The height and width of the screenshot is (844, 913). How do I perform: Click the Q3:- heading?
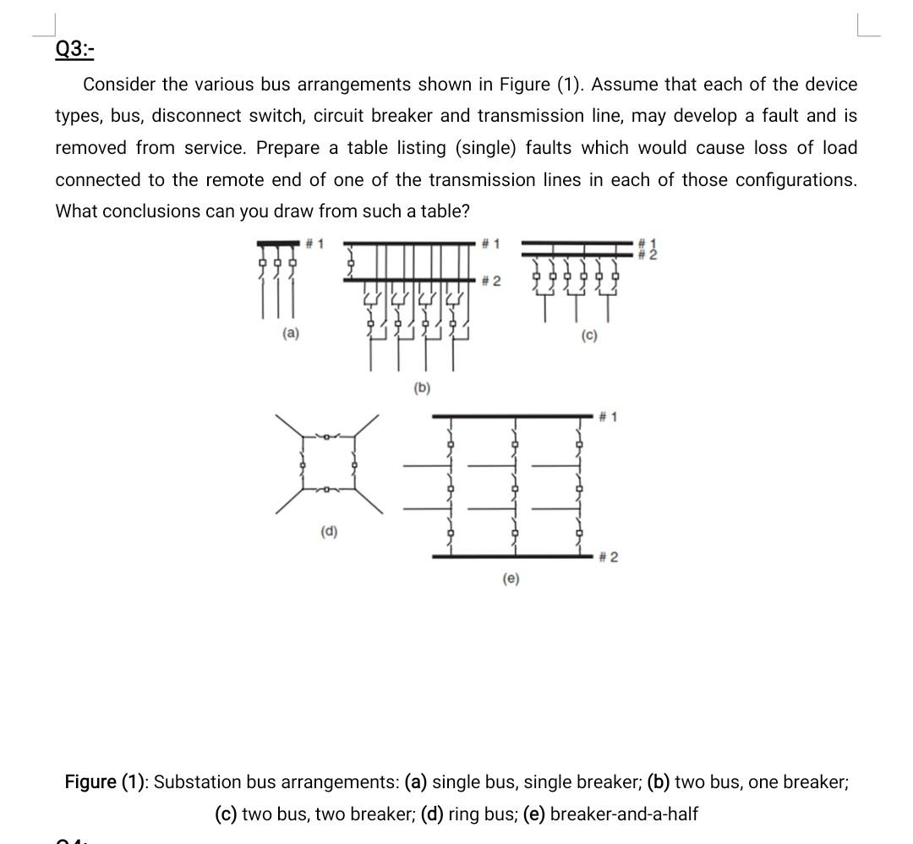[x=74, y=49]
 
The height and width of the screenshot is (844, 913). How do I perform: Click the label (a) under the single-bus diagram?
[x=290, y=334]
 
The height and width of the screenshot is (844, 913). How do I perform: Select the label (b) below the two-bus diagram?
[x=422, y=388]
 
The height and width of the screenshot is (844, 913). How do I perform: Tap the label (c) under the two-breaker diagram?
[x=589, y=336]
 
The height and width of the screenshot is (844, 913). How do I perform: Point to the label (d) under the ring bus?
[x=329, y=531]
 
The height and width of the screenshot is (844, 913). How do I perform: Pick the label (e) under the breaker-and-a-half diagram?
[x=511, y=578]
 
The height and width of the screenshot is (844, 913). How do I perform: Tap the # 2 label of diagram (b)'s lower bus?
[x=491, y=281]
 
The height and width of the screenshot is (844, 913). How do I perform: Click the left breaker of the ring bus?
[x=302, y=463]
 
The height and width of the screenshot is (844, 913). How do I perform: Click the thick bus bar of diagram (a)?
[x=279, y=244]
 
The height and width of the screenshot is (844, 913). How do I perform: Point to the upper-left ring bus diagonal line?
[x=290, y=425]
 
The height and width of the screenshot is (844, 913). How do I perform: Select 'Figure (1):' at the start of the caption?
[x=106, y=781]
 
